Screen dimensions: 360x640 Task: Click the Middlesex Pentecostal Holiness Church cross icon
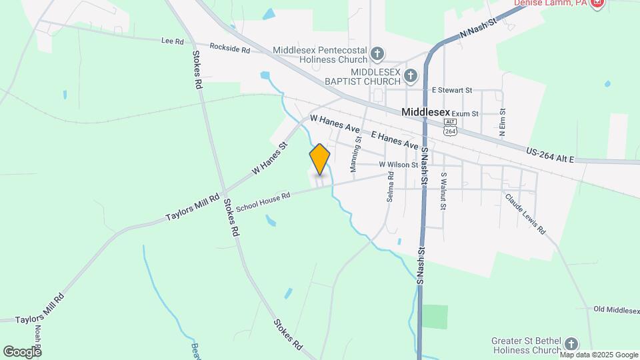point(377,53)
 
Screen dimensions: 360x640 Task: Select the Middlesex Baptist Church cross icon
point(410,75)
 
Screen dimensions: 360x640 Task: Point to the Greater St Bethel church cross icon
point(571,344)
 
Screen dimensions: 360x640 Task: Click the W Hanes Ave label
point(335,125)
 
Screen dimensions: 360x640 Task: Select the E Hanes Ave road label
point(395,140)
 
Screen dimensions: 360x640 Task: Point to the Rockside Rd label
point(229,49)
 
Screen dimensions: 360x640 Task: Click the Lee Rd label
point(172,41)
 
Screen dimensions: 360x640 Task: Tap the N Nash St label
point(479,32)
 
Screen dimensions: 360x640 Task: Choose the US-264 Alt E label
point(550,155)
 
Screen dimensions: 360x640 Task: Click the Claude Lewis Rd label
point(525,214)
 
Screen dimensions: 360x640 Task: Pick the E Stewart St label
point(451,90)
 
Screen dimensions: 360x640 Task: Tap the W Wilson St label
point(398,165)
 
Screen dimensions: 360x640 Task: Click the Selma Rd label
point(391,187)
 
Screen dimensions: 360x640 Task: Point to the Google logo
point(22,351)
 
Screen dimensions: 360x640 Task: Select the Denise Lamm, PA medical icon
point(597,3)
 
